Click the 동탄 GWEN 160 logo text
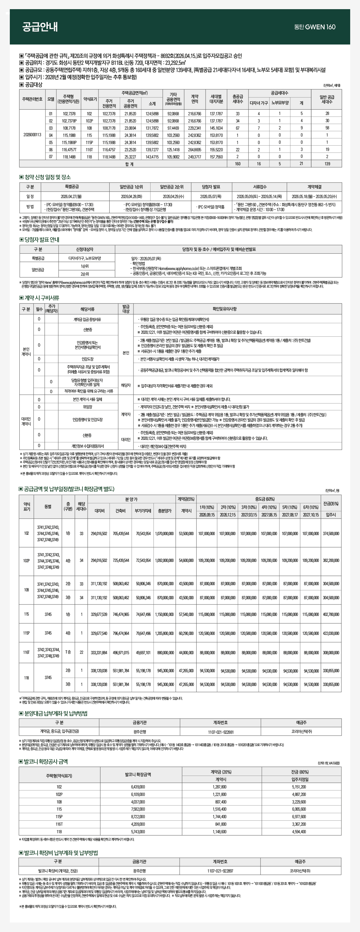pyautogui.click(x=315, y=27)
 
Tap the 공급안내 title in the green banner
pyautogui.click(x=40, y=27)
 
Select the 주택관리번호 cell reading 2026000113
pyautogui.click(x=32, y=135)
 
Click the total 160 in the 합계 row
pyautogui.click(x=237, y=164)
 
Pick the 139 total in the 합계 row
pyautogui.click(x=327, y=164)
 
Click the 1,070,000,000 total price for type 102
pyautogui.click(x=164, y=534)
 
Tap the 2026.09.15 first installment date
pyautogui.click(x=207, y=515)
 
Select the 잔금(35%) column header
pyautogui.click(x=331, y=504)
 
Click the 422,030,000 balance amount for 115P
pyautogui.click(x=331, y=633)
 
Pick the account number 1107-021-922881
pyautogui.click(x=220, y=732)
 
